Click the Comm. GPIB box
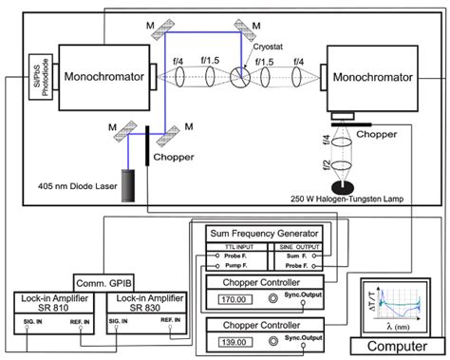click(103, 282)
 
